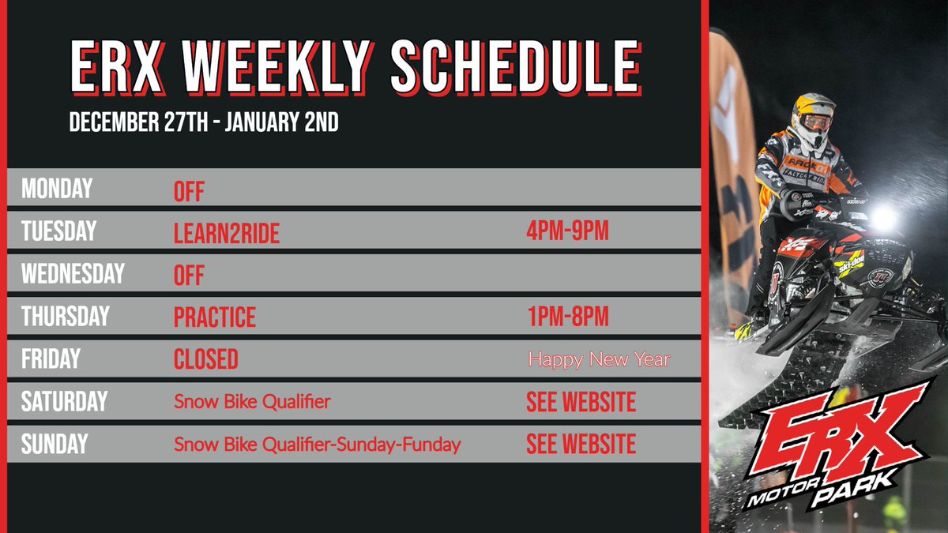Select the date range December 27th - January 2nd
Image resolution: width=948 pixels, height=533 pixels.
[x=204, y=123]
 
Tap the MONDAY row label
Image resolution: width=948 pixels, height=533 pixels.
[x=57, y=190]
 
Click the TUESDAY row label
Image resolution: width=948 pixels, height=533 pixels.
[x=58, y=231]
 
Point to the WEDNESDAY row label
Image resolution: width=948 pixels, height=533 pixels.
[x=73, y=274]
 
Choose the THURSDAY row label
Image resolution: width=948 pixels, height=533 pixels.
[x=65, y=317]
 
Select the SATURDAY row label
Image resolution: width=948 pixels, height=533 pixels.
[x=64, y=401]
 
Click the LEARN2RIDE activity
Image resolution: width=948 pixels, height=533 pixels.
[x=226, y=233]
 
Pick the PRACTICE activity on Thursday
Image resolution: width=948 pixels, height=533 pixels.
[x=215, y=317]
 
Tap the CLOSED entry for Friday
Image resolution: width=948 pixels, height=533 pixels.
[x=205, y=360]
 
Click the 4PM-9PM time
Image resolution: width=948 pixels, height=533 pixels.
[x=567, y=232]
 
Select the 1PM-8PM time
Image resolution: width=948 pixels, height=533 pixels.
[x=567, y=317]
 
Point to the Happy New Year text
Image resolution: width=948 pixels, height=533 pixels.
[x=598, y=360]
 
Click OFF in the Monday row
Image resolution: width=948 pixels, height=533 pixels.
[x=189, y=191]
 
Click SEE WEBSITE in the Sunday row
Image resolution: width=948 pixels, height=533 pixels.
[x=581, y=444]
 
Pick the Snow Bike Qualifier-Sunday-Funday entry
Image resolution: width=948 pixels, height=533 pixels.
[x=317, y=445]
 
